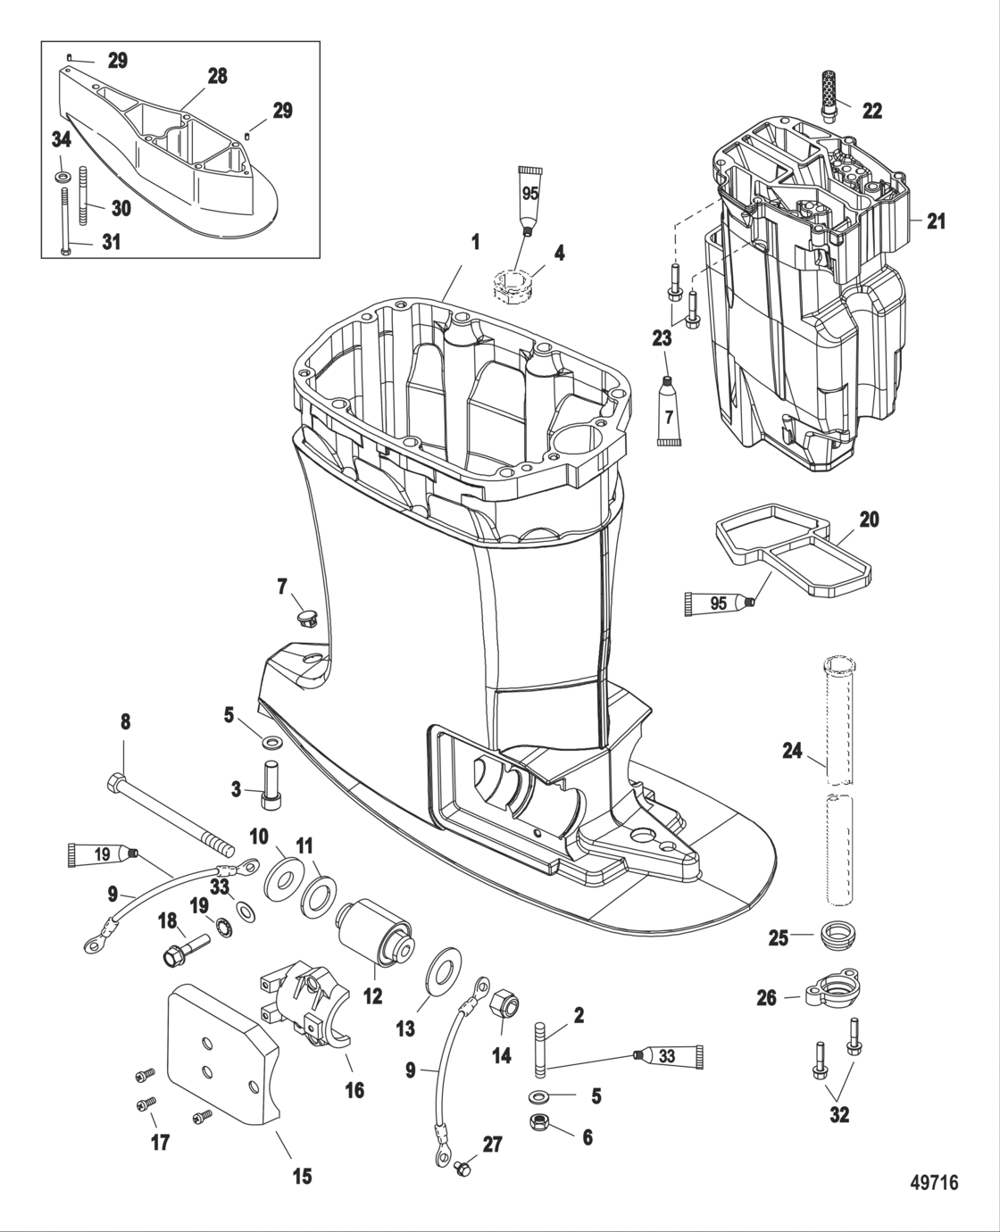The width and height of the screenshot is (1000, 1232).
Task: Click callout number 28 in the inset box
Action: (218, 77)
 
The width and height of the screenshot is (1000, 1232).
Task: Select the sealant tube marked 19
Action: (102, 854)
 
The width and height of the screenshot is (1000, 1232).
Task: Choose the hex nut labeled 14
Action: (504, 1003)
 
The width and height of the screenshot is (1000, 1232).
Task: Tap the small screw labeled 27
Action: (462, 1167)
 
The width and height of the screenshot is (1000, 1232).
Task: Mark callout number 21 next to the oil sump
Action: (935, 221)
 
